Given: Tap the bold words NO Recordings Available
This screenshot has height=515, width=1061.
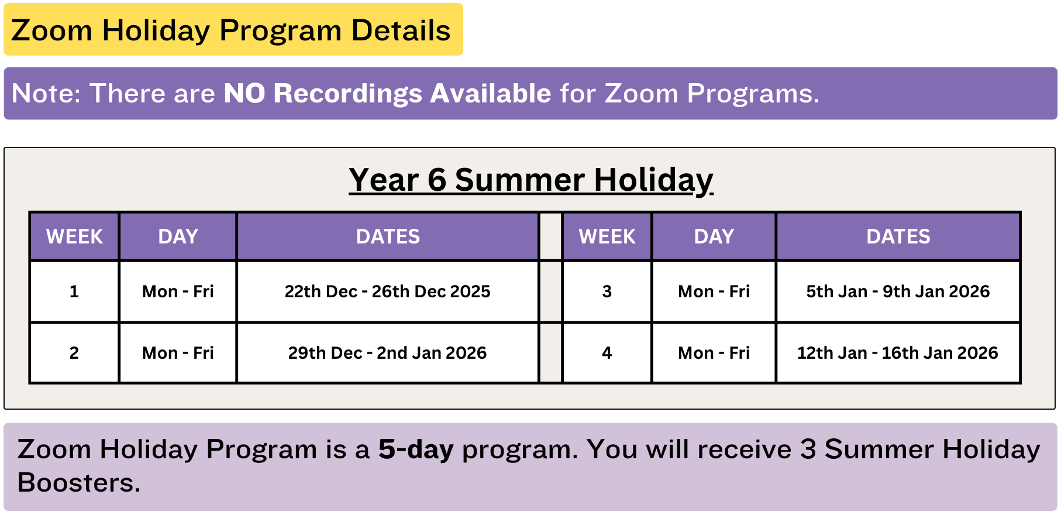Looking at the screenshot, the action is point(387,94).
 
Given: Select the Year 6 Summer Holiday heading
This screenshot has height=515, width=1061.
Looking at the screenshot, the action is point(531,180).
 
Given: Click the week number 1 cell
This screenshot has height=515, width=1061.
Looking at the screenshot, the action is point(74,291).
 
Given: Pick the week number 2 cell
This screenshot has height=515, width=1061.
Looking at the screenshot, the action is point(74,353).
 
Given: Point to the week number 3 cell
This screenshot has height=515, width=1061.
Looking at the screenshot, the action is point(607,291).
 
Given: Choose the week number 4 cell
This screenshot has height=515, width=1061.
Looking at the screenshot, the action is point(607,353).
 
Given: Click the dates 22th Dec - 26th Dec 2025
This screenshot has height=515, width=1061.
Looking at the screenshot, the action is point(388,291).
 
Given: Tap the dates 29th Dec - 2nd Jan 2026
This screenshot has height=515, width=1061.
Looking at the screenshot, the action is point(388,353).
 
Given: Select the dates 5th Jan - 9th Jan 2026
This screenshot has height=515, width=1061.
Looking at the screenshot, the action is point(898,291).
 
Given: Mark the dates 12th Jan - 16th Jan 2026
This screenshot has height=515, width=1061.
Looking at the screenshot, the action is point(898,353).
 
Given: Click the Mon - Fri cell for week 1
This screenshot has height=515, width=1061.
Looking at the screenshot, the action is point(178,291).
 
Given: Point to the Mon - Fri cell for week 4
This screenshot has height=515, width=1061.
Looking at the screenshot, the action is point(714,353).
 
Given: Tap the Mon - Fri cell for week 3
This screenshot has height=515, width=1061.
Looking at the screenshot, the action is point(714,291).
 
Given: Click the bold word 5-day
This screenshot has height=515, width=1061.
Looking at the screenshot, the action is point(416,450).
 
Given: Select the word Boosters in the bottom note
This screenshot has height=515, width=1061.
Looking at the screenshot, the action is point(79,483).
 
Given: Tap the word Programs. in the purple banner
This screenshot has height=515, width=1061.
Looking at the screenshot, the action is point(753,94).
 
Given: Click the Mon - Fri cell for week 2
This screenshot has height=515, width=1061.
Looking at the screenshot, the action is point(178,353).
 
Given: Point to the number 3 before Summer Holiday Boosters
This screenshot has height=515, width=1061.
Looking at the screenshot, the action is point(808,449).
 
